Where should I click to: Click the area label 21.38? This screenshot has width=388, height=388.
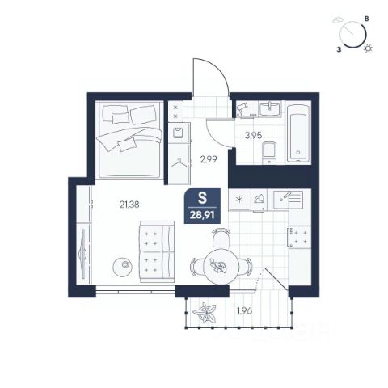(x=129, y=205)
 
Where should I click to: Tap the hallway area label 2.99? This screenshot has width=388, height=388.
(x=209, y=159)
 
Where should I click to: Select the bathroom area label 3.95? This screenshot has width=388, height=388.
(x=253, y=135)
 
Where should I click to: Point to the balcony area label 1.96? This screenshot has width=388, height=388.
(x=244, y=311)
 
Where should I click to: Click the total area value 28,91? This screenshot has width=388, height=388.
(x=202, y=216)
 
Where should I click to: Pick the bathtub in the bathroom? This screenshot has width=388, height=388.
(x=298, y=133)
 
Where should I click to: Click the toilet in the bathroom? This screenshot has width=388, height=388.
(x=269, y=153)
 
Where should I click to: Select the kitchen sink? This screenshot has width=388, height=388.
(x=288, y=200)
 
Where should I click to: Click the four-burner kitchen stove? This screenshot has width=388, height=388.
(x=300, y=237)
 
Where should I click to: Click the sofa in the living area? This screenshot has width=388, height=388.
(x=157, y=251)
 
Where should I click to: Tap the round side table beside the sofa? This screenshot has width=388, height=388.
(x=123, y=267)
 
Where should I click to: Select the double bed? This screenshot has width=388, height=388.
(x=129, y=140)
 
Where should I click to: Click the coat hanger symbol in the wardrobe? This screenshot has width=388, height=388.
(x=179, y=163)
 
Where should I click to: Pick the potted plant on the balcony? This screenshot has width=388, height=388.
(x=205, y=313)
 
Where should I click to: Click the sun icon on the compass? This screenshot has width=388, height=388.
(x=368, y=48)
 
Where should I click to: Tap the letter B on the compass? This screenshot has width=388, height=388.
(x=367, y=19)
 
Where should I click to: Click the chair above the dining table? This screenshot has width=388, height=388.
(x=221, y=237)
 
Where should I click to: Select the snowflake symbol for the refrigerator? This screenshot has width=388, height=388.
(x=239, y=200)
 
